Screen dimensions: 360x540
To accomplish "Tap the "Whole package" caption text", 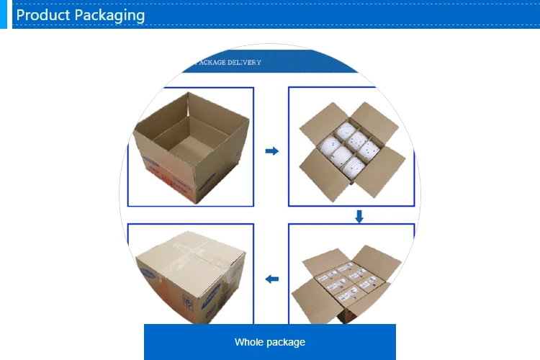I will point(270,342).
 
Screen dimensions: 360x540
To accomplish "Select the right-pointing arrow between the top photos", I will point(271,151).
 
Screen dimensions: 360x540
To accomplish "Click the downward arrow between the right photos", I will point(359,215).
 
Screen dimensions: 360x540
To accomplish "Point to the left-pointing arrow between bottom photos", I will point(271,279).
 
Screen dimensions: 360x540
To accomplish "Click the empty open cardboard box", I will point(191,144).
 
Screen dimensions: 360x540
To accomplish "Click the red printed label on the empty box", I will point(162,176).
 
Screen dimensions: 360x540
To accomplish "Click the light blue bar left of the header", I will point(4,14).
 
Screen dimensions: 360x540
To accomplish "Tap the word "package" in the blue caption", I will point(285,342).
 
